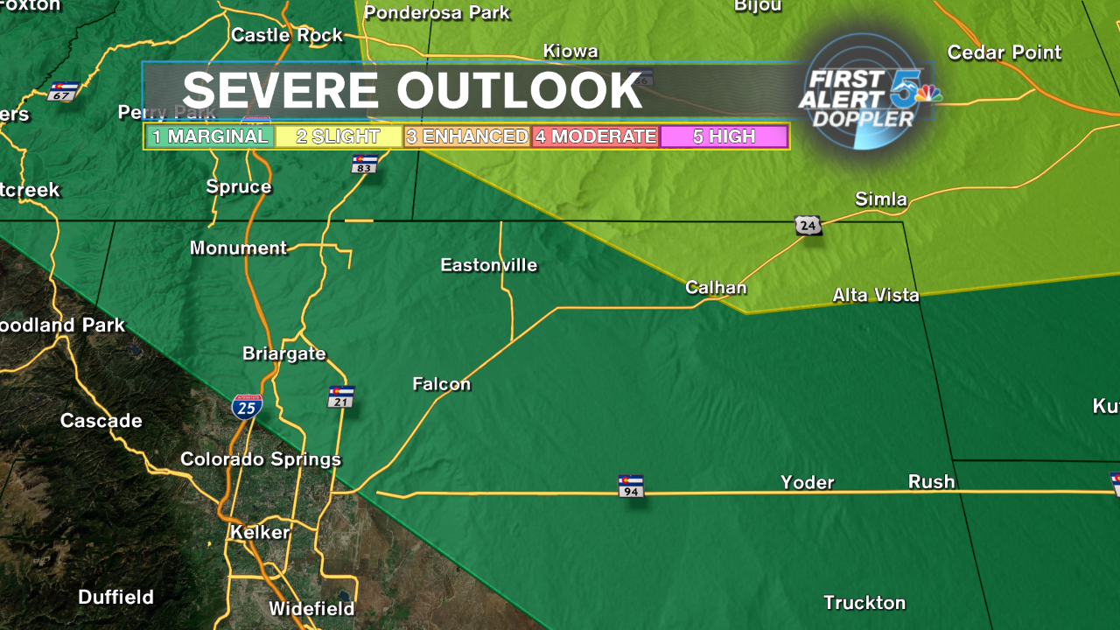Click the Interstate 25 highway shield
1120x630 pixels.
(x=247, y=406)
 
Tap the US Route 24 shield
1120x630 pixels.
(x=808, y=225)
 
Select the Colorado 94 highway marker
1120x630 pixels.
(x=631, y=486)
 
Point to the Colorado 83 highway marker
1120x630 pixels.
(x=364, y=164)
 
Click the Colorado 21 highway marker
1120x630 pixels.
(x=341, y=396)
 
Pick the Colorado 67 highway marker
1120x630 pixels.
(x=62, y=91)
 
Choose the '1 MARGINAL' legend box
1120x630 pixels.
(x=210, y=136)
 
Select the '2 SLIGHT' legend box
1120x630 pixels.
(x=338, y=136)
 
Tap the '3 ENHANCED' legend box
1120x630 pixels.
(x=467, y=136)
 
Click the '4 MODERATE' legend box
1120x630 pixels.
(x=595, y=136)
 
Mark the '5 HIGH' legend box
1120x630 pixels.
(x=724, y=136)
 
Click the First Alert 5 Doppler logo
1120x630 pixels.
(x=866, y=92)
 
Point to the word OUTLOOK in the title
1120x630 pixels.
(x=520, y=90)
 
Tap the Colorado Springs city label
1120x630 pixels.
(x=261, y=459)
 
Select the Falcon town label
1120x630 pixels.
(x=442, y=383)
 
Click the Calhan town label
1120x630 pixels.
(x=716, y=287)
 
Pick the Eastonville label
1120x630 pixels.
(x=489, y=265)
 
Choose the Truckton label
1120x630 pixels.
(x=864, y=602)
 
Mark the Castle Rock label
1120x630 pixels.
(x=287, y=35)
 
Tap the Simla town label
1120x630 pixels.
(x=881, y=199)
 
